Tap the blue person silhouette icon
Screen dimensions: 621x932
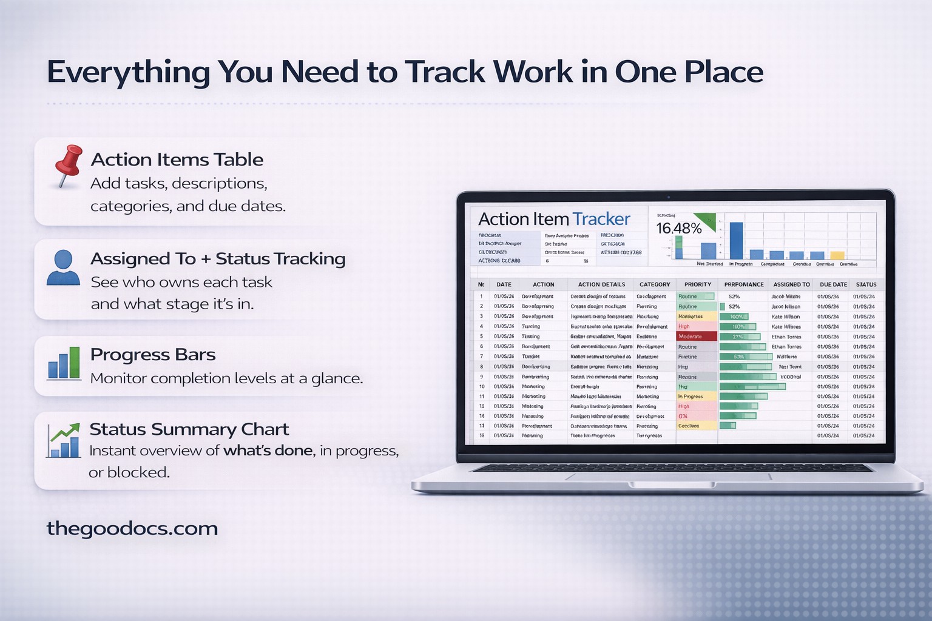pyautogui.click(x=63, y=267)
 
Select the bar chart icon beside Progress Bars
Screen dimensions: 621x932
pyautogui.click(x=64, y=363)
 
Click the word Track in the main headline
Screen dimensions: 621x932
pyautogui.click(x=445, y=72)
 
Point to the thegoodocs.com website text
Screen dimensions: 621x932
pyautogui.click(x=132, y=528)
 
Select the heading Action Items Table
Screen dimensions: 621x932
pyautogui.click(x=177, y=159)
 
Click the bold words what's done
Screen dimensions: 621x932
pyautogui.click(x=268, y=451)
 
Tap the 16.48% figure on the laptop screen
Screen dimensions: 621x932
pyautogui.click(x=678, y=229)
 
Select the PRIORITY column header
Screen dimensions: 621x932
pyautogui.click(x=697, y=284)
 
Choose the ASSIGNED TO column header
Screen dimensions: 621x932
pyautogui.click(x=791, y=284)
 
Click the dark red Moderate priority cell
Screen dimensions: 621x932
pyautogui.click(x=696, y=337)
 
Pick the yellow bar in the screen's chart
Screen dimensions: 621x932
pyautogui.click(x=837, y=255)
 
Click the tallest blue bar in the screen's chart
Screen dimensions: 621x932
pyautogui.click(x=735, y=241)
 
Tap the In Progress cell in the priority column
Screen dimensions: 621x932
pyautogui.click(x=696, y=397)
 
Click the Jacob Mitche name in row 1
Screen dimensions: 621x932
pyautogui.click(x=786, y=297)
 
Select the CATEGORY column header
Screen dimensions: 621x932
pyautogui.click(x=655, y=284)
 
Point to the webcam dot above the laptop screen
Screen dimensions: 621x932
pyautogui.click(x=668, y=197)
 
